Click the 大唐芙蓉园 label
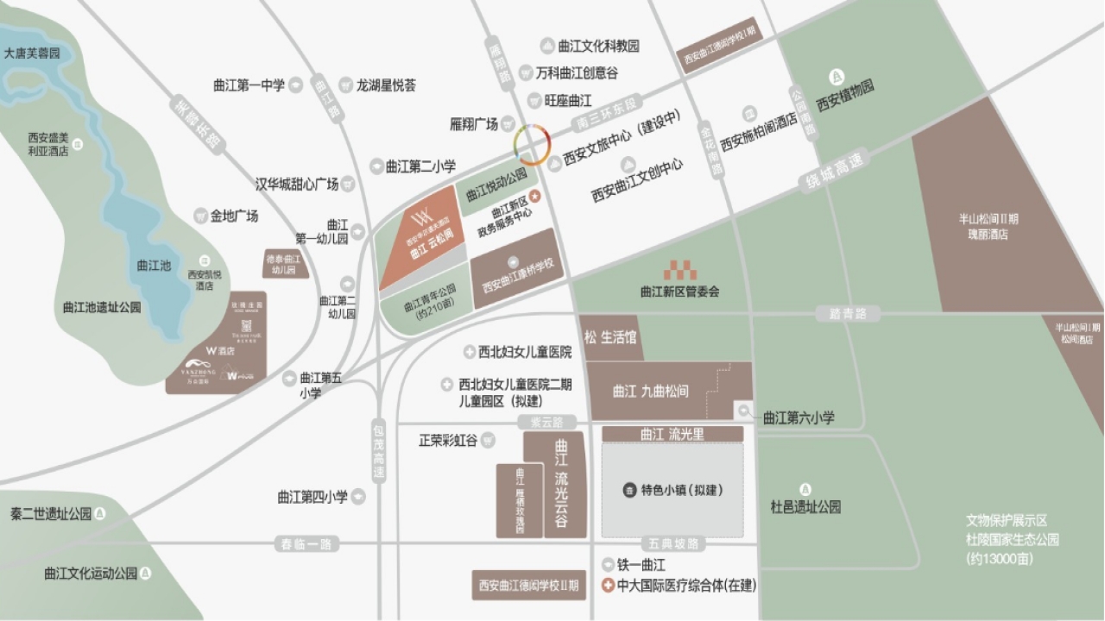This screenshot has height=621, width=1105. tap(33, 53)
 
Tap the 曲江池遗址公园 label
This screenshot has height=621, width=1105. tap(102, 307)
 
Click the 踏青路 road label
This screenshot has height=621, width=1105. tap(848, 313)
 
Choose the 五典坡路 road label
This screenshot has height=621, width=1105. tap(675, 544)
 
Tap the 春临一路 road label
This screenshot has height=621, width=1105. tap(306, 544)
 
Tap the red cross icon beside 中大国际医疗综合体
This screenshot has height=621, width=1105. tap(607, 586)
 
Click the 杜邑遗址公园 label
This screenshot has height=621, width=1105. tap(805, 507)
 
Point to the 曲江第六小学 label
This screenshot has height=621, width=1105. tap(799, 417)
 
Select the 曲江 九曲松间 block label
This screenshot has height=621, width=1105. tap(651, 391)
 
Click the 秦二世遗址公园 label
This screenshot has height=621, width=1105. tap(51, 514)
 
